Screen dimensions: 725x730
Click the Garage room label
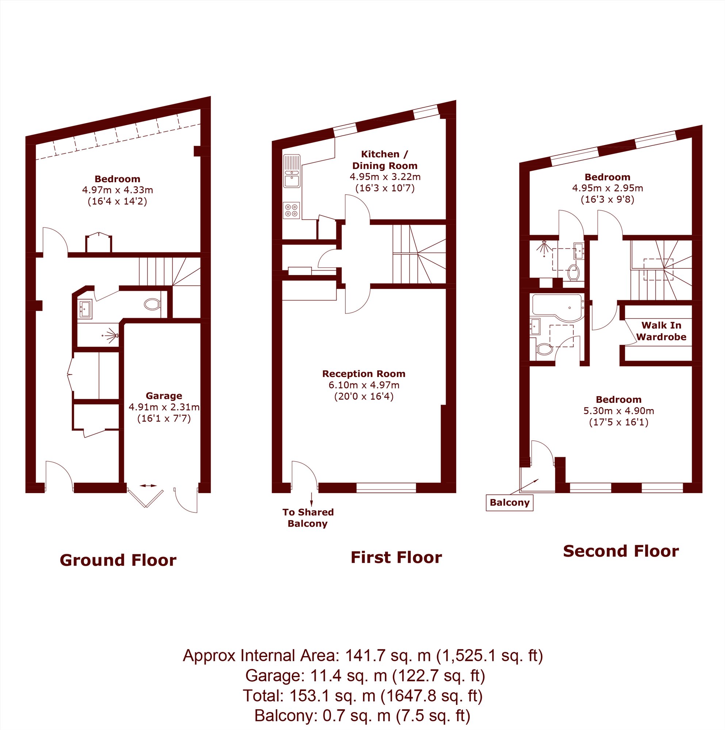164,395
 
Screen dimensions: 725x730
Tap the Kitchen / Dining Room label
385,160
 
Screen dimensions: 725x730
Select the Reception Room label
364,374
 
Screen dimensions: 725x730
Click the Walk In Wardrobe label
661,330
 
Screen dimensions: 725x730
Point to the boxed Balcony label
509,502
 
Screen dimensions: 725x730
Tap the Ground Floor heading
118,560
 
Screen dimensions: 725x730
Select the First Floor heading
396,557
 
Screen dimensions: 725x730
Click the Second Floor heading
621,551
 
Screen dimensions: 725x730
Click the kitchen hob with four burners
291,210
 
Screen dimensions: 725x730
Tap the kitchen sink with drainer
292,171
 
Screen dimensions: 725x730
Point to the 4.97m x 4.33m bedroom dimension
118,190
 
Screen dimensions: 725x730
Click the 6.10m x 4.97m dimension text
364,385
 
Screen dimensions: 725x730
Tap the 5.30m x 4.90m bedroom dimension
618,411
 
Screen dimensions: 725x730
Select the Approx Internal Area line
363,656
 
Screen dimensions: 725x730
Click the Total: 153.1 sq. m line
363,696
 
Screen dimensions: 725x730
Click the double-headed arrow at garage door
148,486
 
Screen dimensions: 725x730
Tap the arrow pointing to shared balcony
312,499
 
